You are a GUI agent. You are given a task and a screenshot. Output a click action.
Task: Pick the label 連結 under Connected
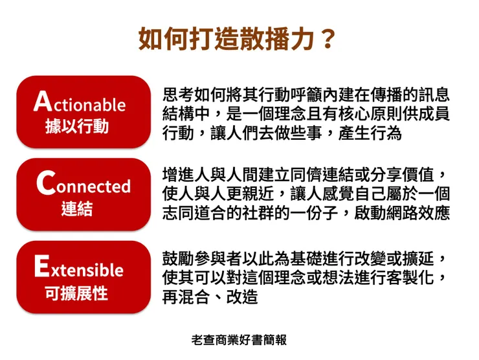click(77, 209)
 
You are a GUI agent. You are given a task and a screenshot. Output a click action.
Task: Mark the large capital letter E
click(41, 266)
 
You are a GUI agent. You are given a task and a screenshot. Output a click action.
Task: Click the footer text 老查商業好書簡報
click(240, 339)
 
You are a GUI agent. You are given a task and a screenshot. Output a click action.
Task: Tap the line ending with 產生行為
click(282, 134)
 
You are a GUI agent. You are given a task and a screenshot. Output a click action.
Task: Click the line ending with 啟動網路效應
click(306, 213)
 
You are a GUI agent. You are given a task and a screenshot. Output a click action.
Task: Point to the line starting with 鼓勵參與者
click(306, 258)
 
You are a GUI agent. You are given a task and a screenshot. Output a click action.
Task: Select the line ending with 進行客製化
click(306, 278)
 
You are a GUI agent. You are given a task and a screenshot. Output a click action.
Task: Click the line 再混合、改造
click(210, 297)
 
